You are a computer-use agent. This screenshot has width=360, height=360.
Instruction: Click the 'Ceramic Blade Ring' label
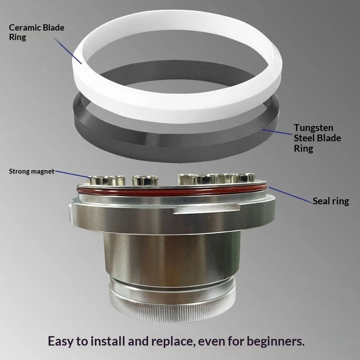tap(36, 32)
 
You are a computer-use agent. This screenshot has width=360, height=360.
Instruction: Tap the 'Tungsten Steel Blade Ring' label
tap(317, 138)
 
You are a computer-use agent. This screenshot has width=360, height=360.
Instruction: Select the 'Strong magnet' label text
tap(31, 171)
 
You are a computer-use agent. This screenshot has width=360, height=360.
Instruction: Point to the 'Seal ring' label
tap(331, 201)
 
